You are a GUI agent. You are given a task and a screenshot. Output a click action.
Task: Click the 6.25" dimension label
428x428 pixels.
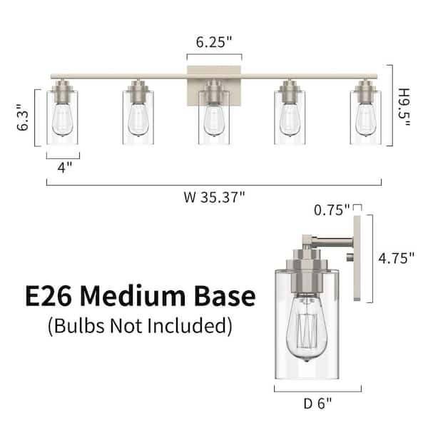click(x=214, y=42)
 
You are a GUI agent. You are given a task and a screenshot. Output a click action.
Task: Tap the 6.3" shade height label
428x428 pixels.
click(x=23, y=118)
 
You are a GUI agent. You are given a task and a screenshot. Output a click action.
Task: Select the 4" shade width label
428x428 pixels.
click(x=65, y=167)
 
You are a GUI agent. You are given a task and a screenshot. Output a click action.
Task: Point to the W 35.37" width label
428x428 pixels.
click(x=214, y=197)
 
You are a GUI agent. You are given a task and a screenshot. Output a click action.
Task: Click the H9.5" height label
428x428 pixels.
click(x=404, y=107)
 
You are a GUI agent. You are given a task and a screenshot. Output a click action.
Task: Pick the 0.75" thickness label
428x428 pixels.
click(x=332, y=210)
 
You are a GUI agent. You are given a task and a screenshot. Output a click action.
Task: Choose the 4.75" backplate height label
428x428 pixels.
click(x=396, y=258)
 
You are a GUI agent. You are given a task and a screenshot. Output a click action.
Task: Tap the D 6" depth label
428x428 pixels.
click(x=317, y=404)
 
